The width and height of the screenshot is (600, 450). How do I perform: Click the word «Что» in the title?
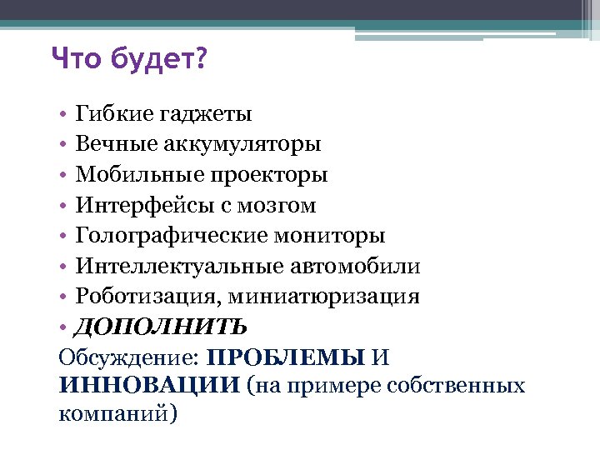point(74,59)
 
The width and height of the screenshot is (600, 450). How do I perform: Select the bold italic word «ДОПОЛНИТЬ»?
point(161,327)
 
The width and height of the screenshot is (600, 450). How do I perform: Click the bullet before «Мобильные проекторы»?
point(63,176)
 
